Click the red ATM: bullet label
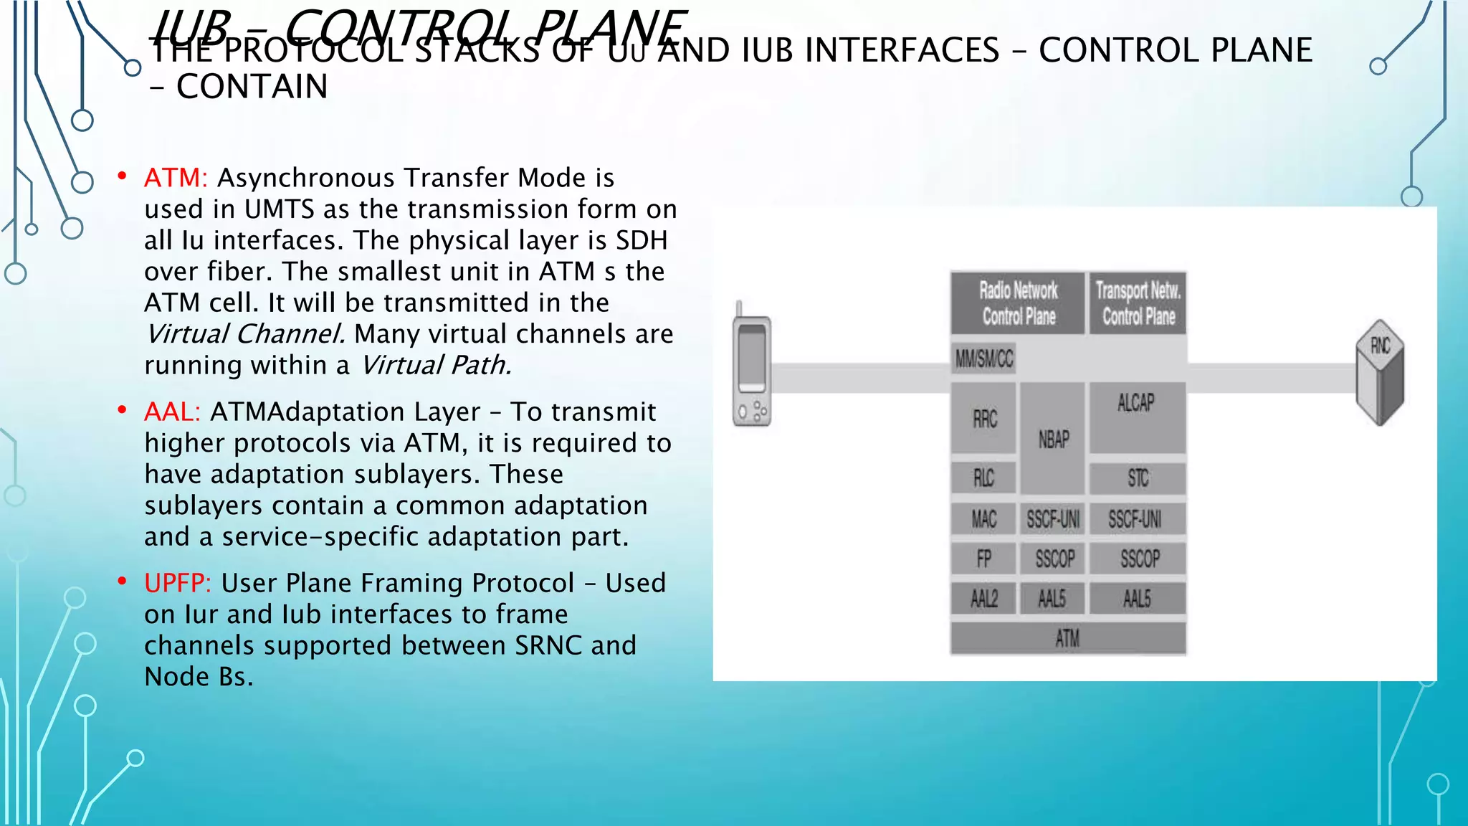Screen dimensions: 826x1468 click(x=176, y=178)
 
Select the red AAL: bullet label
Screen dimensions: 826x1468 click(x=172, y=412)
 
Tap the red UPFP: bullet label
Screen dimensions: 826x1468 click(x=178, y=584)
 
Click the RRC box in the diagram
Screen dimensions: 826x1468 click(x=984, y=419)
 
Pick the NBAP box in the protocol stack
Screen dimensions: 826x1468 click(x=1053, y=439)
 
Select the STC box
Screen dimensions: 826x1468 click(x=1138, y=478)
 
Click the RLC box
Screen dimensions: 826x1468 click(x=983, y=478)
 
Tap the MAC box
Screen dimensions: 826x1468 click(x=983, y=519)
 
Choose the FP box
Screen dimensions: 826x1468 click(x=983, y=559)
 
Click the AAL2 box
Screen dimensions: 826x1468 click(x=983, y=599)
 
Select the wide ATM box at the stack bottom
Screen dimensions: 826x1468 click(x=1067, y=638)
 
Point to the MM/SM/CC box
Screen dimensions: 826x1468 click(x=984, y=358)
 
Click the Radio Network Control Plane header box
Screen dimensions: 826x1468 click(x=1019, y=303)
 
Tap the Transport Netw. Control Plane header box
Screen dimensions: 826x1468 click(x=1138, y=303)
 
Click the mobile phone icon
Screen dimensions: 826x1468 click(x=751, y=369)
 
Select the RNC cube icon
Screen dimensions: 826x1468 click(x=1380, y=373)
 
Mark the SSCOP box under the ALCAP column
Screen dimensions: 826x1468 click(x=1138, y=559)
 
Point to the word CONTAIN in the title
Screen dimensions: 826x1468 click(x=252, y=87)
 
